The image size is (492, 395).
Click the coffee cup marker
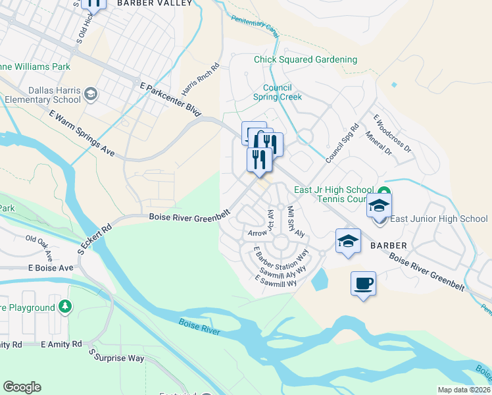363,284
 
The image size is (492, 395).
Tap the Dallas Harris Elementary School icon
91,95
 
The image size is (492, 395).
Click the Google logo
22,387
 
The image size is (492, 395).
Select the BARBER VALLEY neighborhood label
155,3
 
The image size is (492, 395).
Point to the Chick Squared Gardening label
306,60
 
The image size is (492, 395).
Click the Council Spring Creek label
278,92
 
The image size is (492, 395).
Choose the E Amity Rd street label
61,344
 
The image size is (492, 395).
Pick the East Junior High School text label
439,219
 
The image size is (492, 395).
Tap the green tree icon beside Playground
64,306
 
